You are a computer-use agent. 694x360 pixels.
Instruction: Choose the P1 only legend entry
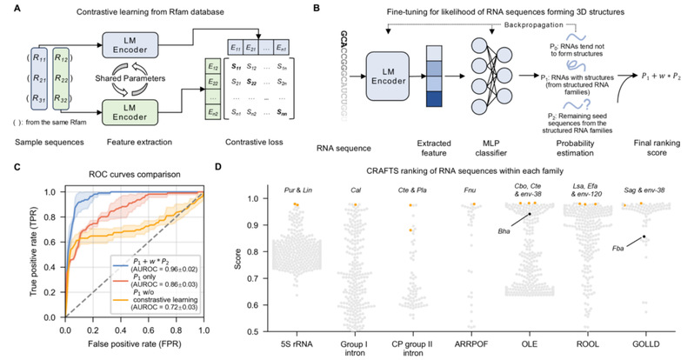coord(143,284)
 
